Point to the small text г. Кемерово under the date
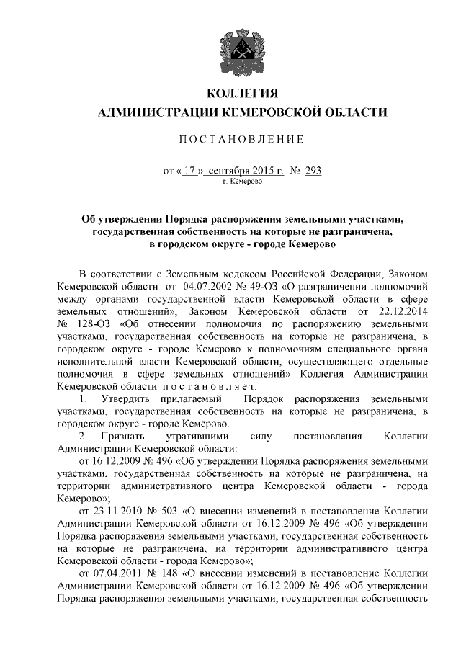[242, 182]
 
